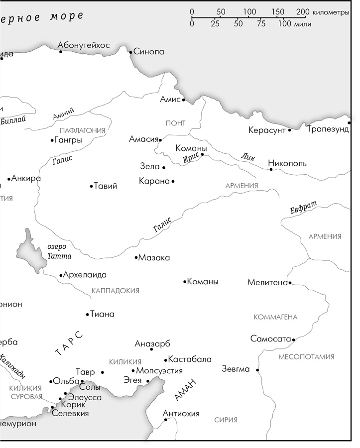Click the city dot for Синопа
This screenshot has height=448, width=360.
[130, 52]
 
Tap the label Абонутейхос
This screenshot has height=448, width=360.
[84, 45]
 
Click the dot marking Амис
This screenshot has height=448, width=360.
[183, 100]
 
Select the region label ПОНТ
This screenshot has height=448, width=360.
[176, 123]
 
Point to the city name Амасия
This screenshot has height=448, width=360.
[143, 139]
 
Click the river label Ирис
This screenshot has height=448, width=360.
[191, 158]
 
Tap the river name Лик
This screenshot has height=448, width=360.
[247, 156]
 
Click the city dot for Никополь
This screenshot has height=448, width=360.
[271, 169]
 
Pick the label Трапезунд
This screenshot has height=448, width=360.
[328, 130]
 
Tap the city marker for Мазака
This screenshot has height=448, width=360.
[136, 258]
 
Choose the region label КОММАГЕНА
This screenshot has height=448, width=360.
[275, 317]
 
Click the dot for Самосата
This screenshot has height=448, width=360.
[294, 340]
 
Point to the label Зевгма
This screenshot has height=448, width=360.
[236, 369]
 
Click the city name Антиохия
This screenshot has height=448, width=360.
[181, 414]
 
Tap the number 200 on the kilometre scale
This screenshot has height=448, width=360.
[301, 12]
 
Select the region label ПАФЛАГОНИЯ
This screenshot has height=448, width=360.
[82, 130]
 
